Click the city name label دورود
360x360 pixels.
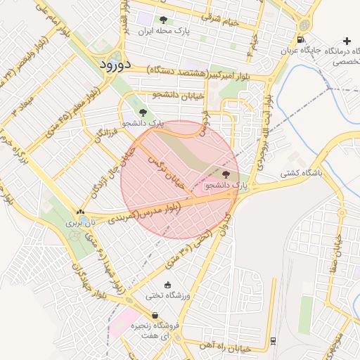(112, 64)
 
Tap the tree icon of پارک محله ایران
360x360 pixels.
(163, 20)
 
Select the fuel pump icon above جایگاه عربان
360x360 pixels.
(302, 39)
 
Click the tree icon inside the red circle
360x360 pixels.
(226, 174)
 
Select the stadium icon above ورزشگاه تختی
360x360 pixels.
(167, 285)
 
